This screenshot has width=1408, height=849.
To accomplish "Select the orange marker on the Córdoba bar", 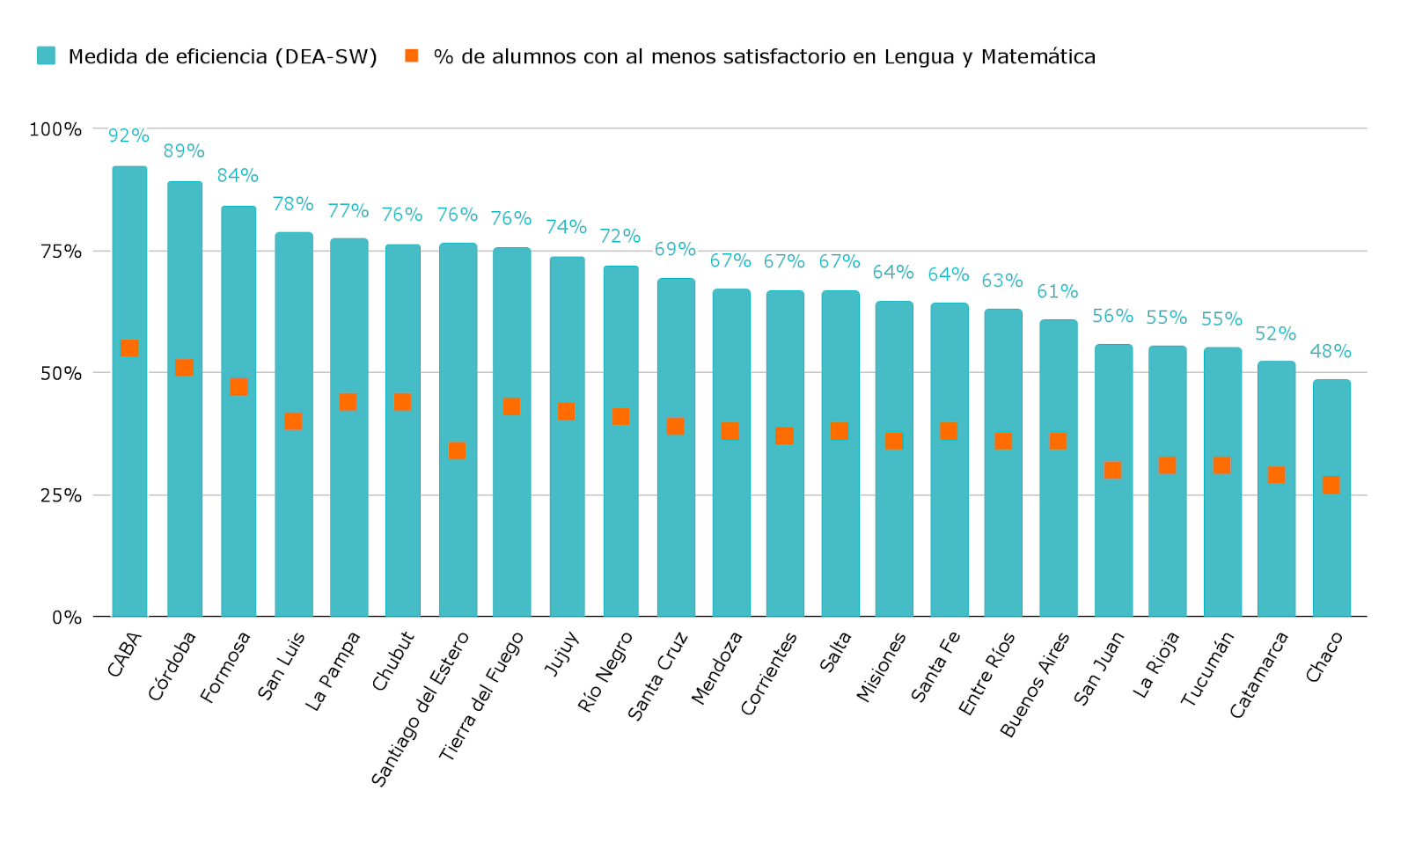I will coord(184,368).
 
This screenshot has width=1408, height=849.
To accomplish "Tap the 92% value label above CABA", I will coord(128,135).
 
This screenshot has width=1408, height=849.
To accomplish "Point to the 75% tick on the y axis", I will coord(61,252).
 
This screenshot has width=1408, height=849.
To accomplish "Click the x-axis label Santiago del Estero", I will coord(420,708).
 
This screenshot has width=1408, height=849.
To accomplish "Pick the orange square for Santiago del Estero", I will coord(457,450).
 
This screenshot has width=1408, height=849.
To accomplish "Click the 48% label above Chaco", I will coord(1331,351).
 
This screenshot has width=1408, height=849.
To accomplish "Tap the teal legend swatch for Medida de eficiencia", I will coord(47,56).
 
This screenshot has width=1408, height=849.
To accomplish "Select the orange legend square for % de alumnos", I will coord(411,56).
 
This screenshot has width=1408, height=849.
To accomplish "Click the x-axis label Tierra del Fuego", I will coord(480,696).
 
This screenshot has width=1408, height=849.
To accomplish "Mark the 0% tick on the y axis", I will coord(67,618).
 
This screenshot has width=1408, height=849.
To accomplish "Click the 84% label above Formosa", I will coord(238,175).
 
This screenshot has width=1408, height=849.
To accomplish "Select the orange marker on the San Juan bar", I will coord(1112,470).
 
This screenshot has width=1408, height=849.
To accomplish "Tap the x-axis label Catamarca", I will coord(1258,675).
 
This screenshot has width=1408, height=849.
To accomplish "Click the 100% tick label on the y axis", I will coord(55,129).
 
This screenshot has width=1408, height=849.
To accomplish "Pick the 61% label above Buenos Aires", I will coord(1057,291).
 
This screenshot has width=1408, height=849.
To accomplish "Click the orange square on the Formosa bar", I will coord(238,387).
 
